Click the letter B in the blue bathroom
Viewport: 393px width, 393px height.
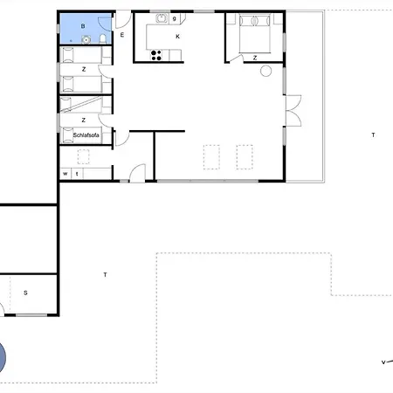(x=83, y=26)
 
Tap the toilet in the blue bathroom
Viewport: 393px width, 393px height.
(x=103, y=38)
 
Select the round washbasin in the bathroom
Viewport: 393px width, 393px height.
(x=86, y=39)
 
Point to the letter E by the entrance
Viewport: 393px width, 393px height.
(x=122, y=35)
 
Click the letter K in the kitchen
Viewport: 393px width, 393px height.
(x=177, y=37)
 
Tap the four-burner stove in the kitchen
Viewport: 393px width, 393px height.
(x=156, y=55)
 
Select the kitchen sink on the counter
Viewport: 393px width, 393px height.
(x=162, y=18)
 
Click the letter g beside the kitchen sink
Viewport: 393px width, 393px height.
(x=175, y=18)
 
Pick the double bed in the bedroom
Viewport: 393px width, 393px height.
(x=255, y=34)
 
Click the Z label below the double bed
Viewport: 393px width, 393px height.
(x=255, y=58)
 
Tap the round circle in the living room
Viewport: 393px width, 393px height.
(x=265, y=71)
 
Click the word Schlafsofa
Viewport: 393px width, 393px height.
(x=86, y=135)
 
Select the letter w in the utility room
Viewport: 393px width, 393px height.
(x=65, y=174)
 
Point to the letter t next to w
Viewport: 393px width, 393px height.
(x=77, y=174)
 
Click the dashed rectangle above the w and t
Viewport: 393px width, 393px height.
(x=83, y=156)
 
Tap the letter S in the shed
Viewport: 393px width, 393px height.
(x=25, y=293)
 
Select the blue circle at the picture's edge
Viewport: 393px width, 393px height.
(x=3, y=357)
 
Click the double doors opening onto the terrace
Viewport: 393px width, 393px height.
(x=293, y=111)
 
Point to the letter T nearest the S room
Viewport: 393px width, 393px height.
(x=105, y=274)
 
